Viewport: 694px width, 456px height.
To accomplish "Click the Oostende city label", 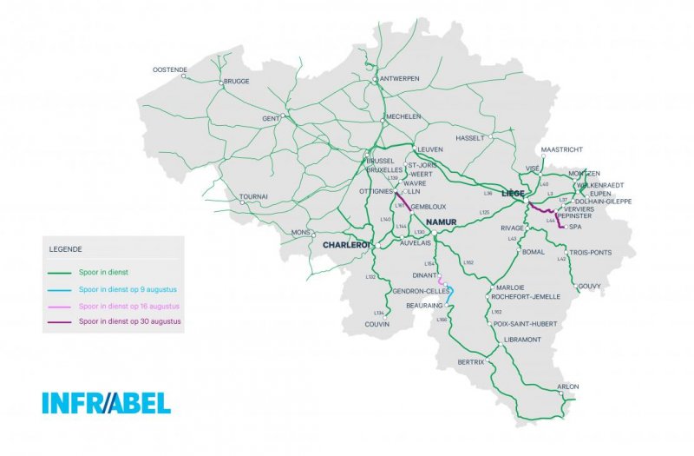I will coord(170,69).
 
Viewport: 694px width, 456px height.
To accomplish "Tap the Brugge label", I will coord(236,82).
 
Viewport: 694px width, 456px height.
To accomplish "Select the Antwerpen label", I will coord(400,78).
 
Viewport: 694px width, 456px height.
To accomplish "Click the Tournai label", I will coord(253,196).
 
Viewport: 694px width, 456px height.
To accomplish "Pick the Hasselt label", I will coord(468,138).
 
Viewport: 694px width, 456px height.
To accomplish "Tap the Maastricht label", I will coord(562,149).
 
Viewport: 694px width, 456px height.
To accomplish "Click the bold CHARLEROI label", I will coord(346,246).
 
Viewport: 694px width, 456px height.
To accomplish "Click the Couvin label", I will coord(377,324).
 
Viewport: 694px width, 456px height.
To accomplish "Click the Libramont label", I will coord(523,339).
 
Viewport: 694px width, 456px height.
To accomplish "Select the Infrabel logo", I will coord(106,403).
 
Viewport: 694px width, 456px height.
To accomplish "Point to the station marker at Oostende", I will coord(184,76).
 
